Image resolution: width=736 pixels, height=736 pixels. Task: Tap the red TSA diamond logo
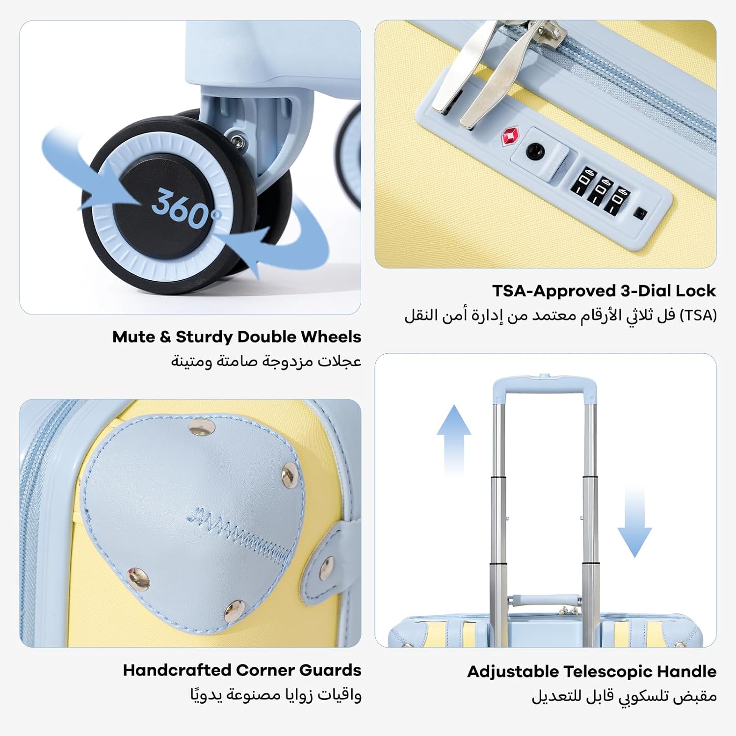[x=510, y=135]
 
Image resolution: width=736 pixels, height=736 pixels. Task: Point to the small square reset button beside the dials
[x=640, y=213]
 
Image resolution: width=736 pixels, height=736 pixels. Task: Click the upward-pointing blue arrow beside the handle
[x=454, y=440]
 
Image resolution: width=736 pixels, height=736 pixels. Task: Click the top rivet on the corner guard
[x=202, y=429]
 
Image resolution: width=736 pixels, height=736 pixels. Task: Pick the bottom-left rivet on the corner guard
[x=138, y=578]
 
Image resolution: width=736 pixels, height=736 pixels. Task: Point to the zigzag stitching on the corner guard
[x=239, y=534]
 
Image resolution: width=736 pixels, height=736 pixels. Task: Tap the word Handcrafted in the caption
[x=177, y=670]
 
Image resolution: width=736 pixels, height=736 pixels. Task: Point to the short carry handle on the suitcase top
[x=544, y=600]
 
